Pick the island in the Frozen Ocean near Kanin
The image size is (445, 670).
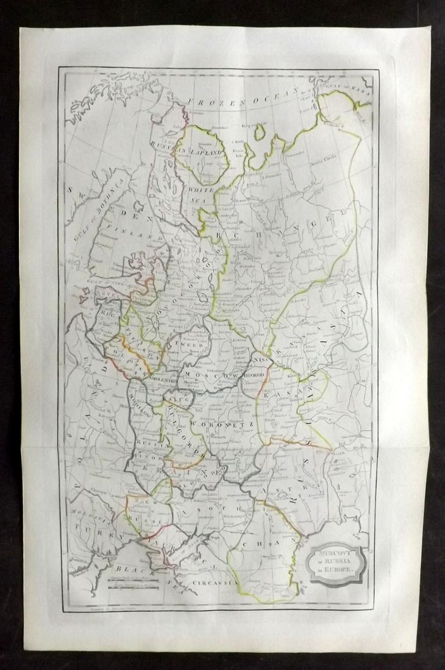coord(260,130)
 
